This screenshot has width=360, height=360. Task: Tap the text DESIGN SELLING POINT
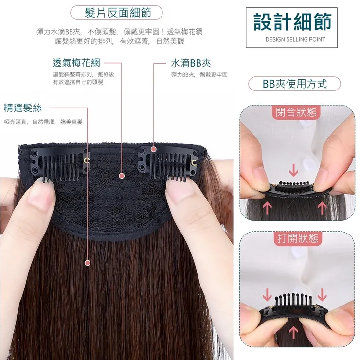295,40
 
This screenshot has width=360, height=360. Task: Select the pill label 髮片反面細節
116,13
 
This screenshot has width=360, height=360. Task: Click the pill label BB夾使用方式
294,84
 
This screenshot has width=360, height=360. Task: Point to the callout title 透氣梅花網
76,63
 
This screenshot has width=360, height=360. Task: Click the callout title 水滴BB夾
191,63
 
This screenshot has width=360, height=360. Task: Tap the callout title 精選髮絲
23,108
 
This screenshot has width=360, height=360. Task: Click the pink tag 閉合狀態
296,112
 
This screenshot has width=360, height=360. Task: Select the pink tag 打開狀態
298,238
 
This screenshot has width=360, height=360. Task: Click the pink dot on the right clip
154,149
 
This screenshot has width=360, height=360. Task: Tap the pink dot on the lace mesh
122,176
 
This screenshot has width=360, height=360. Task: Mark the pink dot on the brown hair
88,263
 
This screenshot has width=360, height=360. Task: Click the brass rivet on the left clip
87,161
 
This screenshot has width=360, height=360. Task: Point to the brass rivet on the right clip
194,163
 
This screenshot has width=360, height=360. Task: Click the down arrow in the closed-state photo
293,172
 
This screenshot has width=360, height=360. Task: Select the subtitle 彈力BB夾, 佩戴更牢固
199,75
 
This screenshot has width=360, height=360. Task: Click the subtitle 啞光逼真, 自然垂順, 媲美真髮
43,122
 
